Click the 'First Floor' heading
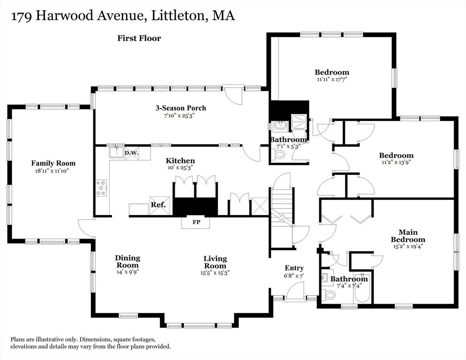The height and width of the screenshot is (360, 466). tap(139, 38)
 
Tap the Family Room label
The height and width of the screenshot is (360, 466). tap(53, 163)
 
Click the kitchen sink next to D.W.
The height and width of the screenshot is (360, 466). tap(115, 153)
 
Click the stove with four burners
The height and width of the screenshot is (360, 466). tap(101, 187)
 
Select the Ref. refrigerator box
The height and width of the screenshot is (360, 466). tap(157, 205)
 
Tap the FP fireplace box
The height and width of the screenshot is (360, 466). tap(196, 222)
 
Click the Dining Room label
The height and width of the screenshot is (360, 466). tap(128, 262)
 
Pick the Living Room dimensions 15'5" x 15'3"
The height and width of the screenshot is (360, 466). tap(215, 272)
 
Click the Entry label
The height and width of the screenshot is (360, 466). tap(294, 268)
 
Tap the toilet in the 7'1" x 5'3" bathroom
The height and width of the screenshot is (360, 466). tap(279, 155)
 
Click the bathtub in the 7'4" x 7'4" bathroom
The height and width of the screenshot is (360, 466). tap(362, 290)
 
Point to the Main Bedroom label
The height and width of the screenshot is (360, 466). tap(408, 236)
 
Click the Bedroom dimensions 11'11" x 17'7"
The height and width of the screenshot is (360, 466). tap(331, 80)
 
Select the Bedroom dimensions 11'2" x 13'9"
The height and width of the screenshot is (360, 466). tap(396, 163)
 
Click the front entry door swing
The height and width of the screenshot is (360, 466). tap(295, 292)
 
